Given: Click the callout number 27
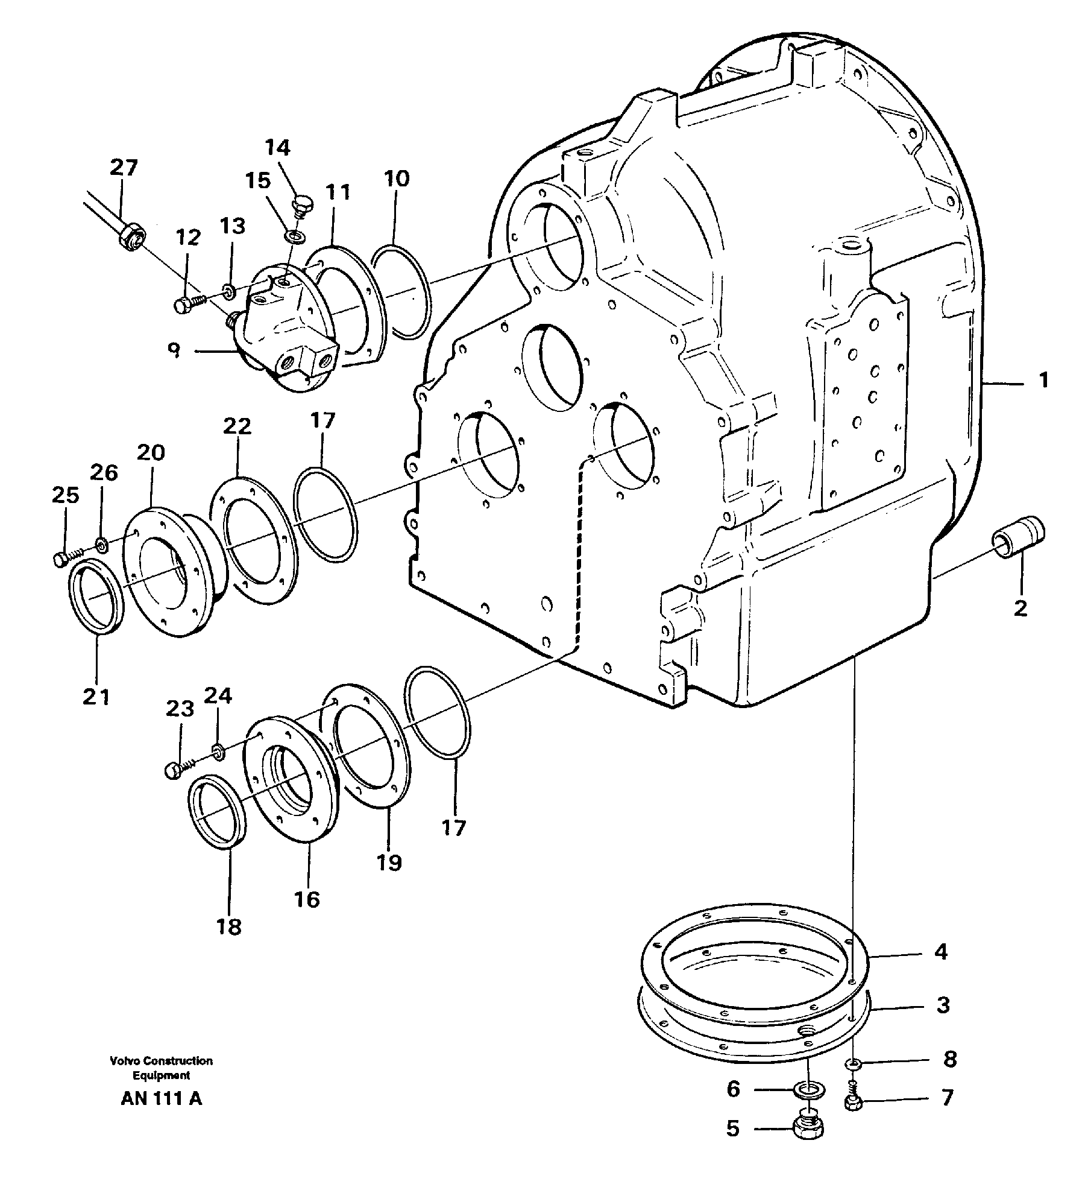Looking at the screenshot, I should click(124, 167).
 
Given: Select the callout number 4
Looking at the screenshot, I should click(941, 952).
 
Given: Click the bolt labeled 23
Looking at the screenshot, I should click(172, 770).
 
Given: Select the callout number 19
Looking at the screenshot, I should click(389, 863).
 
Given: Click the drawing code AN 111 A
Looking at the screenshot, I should click(162, 1099).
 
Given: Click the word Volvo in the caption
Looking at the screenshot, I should click(124, 1061).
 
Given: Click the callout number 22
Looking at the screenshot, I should click(237, 426).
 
